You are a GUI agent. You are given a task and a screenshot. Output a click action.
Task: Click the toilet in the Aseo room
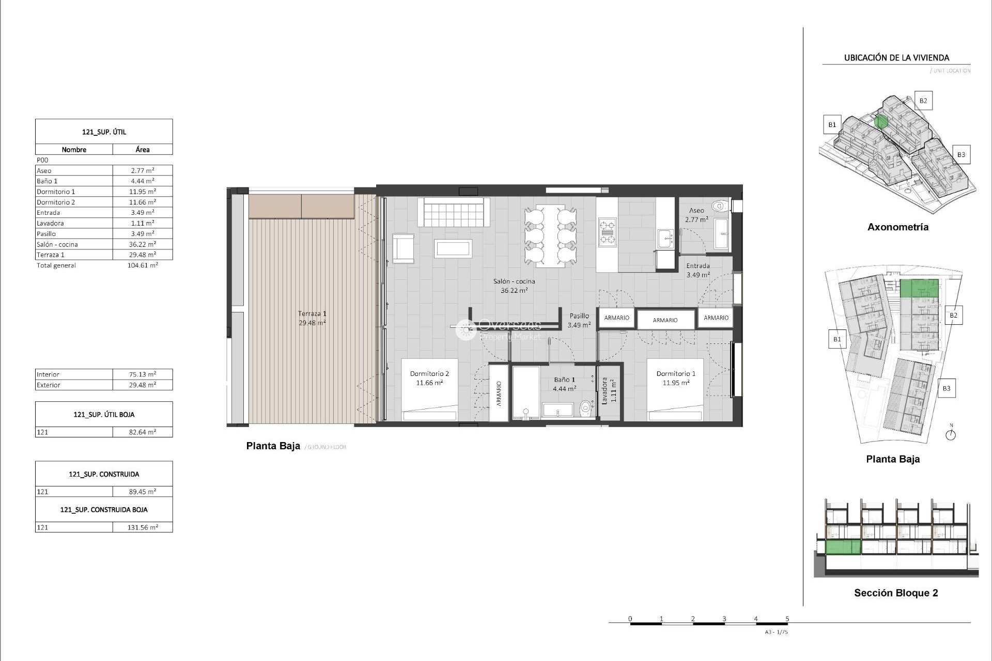point(719,207)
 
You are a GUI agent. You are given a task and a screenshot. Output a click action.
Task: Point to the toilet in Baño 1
point(585,409)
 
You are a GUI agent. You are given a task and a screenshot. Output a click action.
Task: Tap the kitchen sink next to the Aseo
point(665,238)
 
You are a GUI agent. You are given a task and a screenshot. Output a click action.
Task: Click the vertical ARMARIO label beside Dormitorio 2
point(499,394)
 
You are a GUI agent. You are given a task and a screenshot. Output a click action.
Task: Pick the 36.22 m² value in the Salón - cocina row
point(142,244)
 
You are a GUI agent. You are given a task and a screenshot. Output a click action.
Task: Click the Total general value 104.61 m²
point(142,265)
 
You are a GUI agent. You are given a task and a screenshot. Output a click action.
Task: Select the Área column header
point(143,149)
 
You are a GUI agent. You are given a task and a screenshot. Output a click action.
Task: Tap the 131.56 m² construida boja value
point(143,527)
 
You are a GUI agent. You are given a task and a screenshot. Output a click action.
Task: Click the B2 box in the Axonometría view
point(923,101)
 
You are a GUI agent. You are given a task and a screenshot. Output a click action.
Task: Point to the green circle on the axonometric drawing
point(881,122)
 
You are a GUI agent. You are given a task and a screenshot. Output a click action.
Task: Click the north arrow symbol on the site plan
point(951,434)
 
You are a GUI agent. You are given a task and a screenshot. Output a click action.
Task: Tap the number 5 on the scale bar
point(787,618)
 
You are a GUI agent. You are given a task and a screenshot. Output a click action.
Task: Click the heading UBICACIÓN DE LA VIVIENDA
point(896,58)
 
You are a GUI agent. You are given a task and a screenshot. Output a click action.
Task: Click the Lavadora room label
point(609,390)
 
